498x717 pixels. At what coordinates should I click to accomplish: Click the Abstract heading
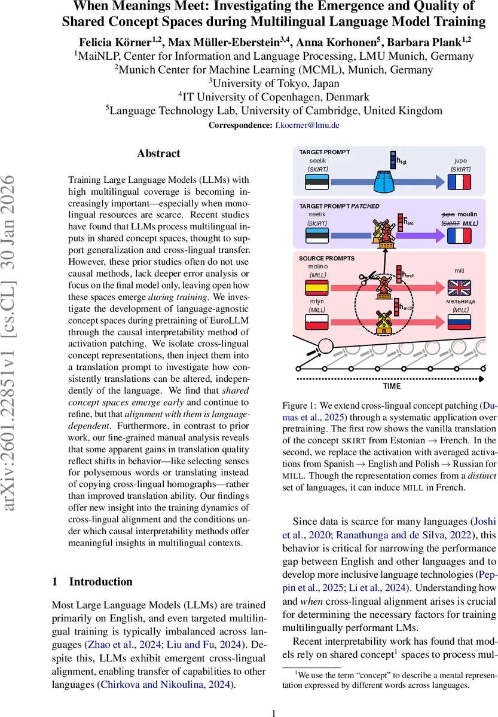[x=158, y=154]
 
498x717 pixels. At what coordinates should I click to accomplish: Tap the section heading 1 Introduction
[x=92, y=581]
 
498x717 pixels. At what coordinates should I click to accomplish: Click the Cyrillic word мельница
[x=460, y=302]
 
